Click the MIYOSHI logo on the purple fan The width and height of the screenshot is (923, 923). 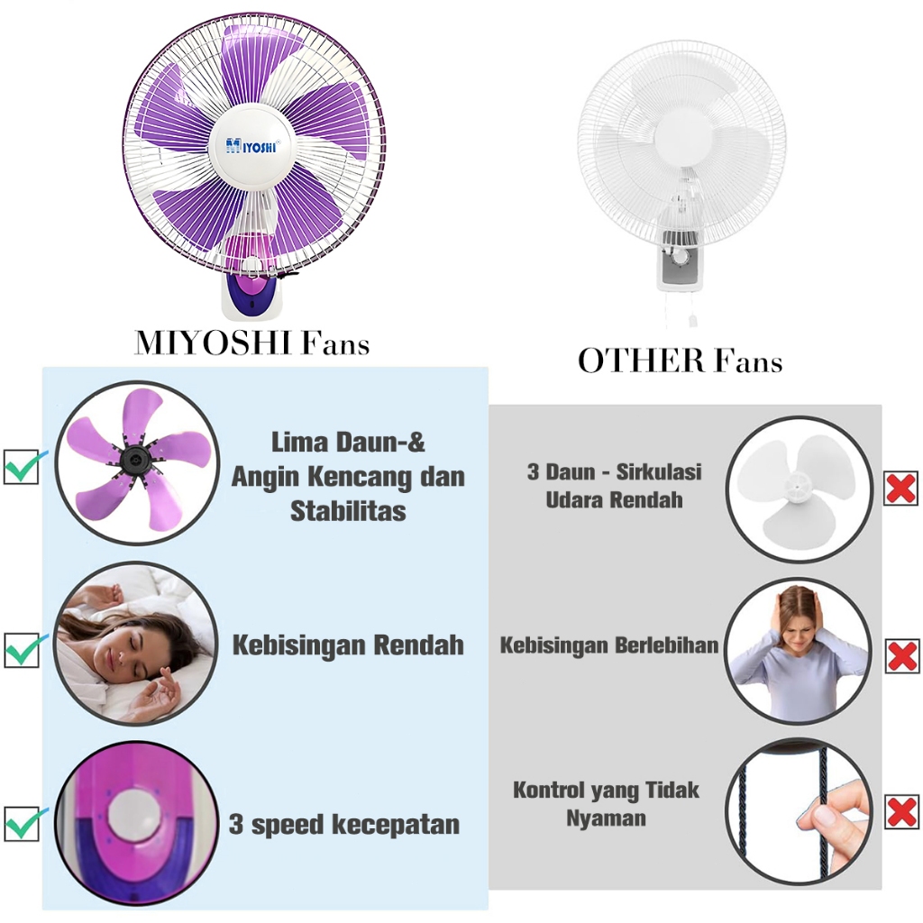(x=251, y=144)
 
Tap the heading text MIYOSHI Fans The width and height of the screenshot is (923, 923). (x=251, y=343)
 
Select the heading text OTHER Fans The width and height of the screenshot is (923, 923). (x=680, y=361)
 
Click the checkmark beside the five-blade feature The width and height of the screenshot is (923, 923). (x=23, y=466)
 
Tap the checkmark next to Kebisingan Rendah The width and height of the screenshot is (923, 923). (x=23, y=649)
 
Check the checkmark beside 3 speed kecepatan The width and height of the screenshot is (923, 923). (x=23, y=823)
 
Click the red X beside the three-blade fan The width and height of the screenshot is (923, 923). (x=900, y=488)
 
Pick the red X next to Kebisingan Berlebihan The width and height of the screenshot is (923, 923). (x=900, y=654)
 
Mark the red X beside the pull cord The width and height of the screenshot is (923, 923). (x=900, y=811)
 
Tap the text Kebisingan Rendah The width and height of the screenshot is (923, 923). (x=348, y=644)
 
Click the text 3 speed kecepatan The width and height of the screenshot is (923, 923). (x=344, y=824)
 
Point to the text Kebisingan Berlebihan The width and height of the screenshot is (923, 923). (x=609, y=645)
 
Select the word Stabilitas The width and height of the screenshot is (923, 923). (x=348, y=511)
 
